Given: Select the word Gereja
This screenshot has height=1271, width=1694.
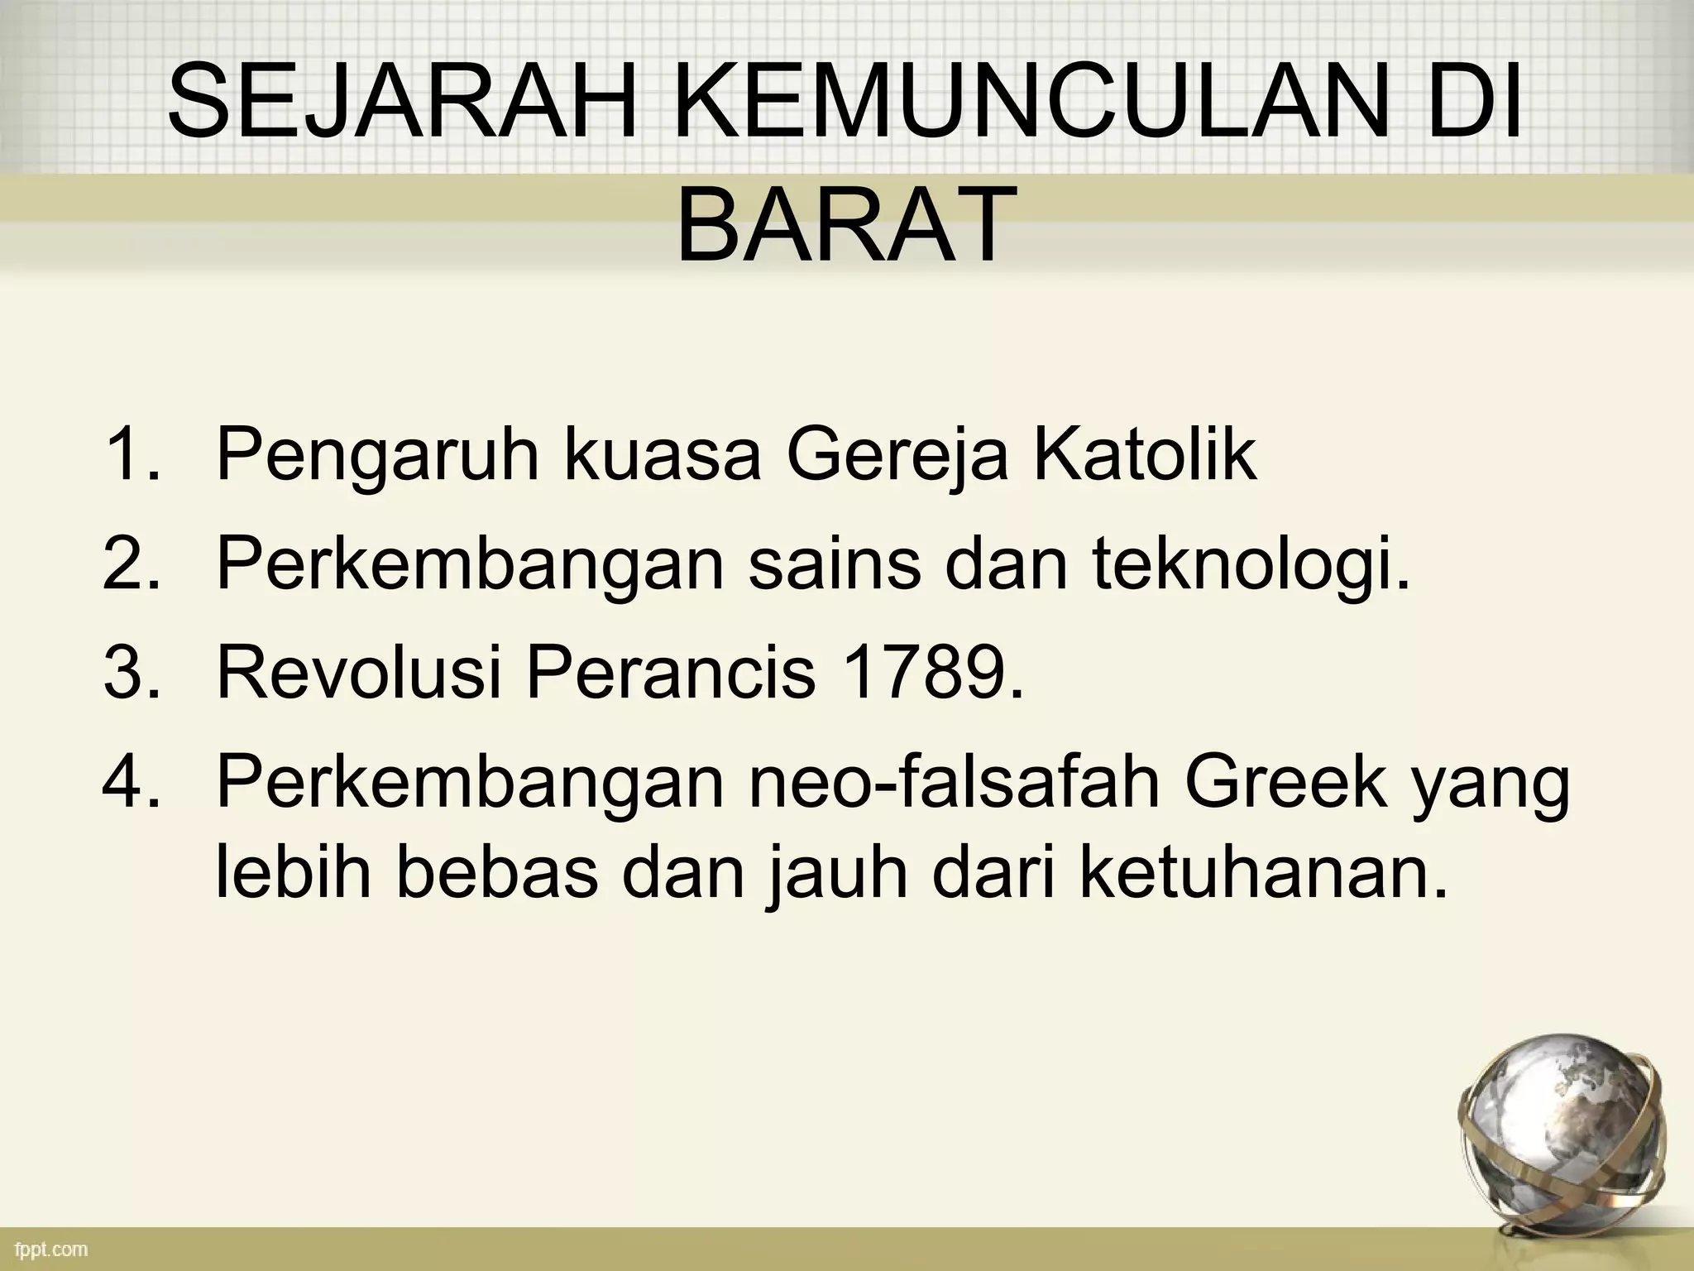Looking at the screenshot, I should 897,458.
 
